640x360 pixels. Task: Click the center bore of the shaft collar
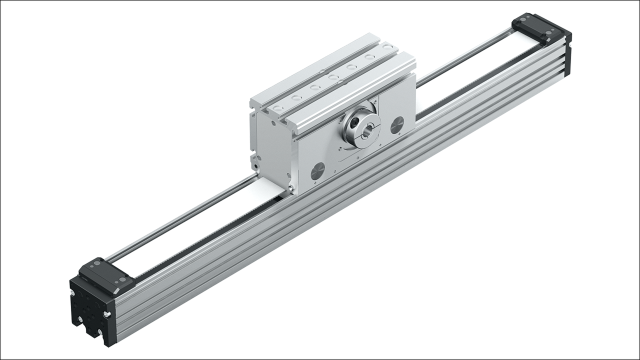pos(368,132)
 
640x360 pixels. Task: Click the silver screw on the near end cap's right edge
pos(108,313)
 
